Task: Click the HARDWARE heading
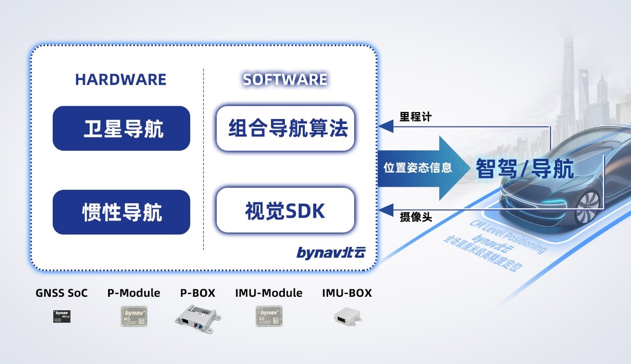point(121,80)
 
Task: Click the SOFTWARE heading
point(285,80)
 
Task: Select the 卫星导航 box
point(122,128)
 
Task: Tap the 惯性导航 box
point(122,212)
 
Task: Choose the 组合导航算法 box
point(285,128)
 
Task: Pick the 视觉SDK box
point(285,211)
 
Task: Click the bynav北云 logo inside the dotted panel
point(331,253)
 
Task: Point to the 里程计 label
point(416,118)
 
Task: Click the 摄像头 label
point(416,218)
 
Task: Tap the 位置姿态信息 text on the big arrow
point(417,168)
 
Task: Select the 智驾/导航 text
point(524,169)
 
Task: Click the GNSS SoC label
point(62,293)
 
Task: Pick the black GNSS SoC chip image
point(62,316)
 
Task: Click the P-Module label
point(134,293)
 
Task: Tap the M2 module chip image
point(134,316)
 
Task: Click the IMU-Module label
point(269,293)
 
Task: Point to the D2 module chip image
point(269,316)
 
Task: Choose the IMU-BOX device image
point(347,316)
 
